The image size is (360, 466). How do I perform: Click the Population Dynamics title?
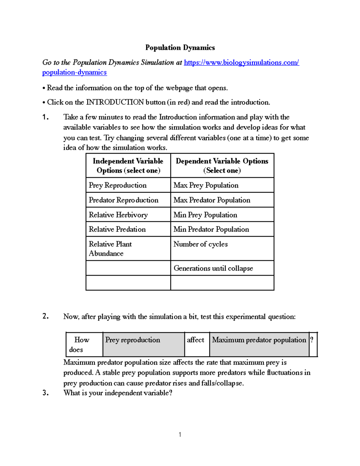(180, 48)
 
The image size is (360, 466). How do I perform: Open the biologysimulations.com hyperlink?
(241, 62)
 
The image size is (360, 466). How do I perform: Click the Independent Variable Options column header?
(128, 166)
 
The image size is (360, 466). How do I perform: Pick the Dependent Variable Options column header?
(222, 166)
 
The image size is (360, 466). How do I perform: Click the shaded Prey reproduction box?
(143, 344)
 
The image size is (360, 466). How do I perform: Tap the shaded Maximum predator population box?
(259, 344)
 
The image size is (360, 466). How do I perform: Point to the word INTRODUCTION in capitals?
(115, 102)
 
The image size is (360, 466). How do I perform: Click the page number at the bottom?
(180, 434)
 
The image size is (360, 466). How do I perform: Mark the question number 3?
(46, 393)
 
